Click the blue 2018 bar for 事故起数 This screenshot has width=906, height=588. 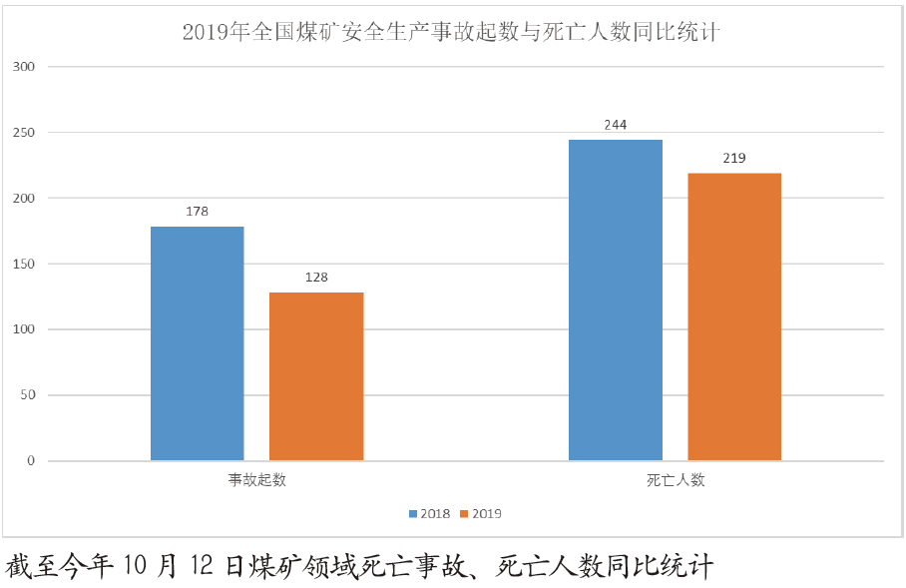pyautogui.click(x=197, y=343)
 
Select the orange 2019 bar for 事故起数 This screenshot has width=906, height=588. pyautogui.click(x=316, y=376)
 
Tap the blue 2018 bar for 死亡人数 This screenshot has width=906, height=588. pyautogui.click(x=616, y=300)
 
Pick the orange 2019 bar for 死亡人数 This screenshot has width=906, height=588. pyautogui.click(x=734, y=316)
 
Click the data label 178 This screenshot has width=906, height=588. pyautogui.click(x=197, y=212)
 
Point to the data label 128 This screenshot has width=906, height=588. pyautogui.click(x=316, y=278)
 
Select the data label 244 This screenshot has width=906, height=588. pyautogui.click(x=616, y=125)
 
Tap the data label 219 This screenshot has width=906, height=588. pyautogui.click(x=734, y=158)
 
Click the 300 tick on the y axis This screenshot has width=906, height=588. pyautogui.click(x=24, y=67)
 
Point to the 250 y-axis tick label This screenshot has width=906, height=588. pyautogui.click(x=24, y=133)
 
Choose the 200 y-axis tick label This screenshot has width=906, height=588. pyautogui.click(x=24, y=199)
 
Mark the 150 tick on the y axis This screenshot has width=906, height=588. pyautogui.click(x=24, y=264)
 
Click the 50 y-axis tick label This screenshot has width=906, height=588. pyautogui.click(x=27, y=395)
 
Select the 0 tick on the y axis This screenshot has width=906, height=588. pyautogui.click(x=31, y=460)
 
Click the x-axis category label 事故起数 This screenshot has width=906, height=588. pyautogui.click(x=256, y=480)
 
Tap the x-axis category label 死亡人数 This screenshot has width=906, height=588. pyautogui.click(x=675, y=480)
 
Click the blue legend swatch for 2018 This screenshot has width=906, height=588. pyautogui.click(x=413, y=514)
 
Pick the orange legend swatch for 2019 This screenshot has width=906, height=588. pyautogui.click(x=465, y=514)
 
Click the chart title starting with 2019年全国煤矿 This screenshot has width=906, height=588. pyautogui.click(x=451, y=33)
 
